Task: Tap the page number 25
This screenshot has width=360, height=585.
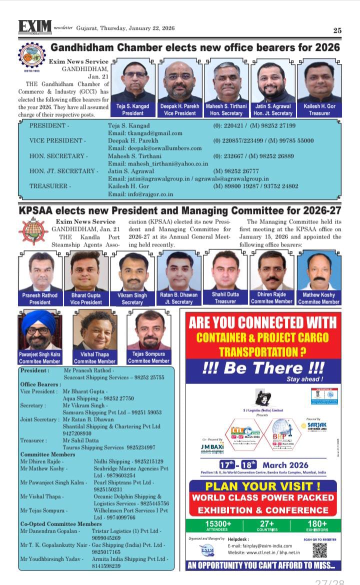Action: (x=337, y=30)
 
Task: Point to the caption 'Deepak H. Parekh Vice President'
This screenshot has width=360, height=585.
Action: (x=180, y=109)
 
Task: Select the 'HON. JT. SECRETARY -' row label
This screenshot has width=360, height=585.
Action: (x=63, y=171)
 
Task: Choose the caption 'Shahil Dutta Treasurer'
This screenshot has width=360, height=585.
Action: (x=225, y=298)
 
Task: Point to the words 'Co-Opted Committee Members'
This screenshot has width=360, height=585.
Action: (x=60, y=523)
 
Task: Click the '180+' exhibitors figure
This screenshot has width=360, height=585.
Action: (x=317, y=523)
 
